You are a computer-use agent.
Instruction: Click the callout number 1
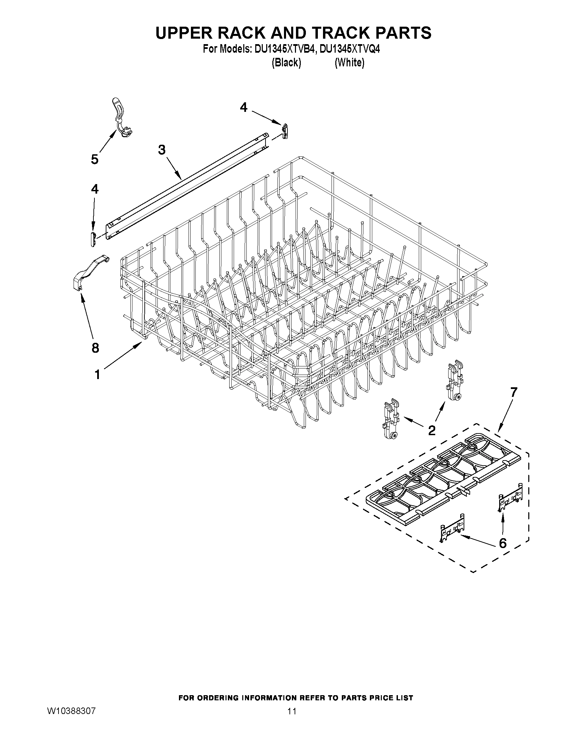tap(97, 374)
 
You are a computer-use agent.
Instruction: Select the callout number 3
tap(162, 150)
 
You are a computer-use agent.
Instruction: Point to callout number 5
tap(95, 159)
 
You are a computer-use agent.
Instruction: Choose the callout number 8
tap(95, 348)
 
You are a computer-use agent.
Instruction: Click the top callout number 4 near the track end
tap(243, 107)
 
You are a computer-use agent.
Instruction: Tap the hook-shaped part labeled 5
tap(121, 117)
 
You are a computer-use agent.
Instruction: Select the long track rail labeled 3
tap(186, 186)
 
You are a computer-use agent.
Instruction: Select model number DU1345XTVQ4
tap(350, 49)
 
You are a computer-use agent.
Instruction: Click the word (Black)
tap(286, 63)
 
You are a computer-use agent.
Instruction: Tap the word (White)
tap(349, 63)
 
